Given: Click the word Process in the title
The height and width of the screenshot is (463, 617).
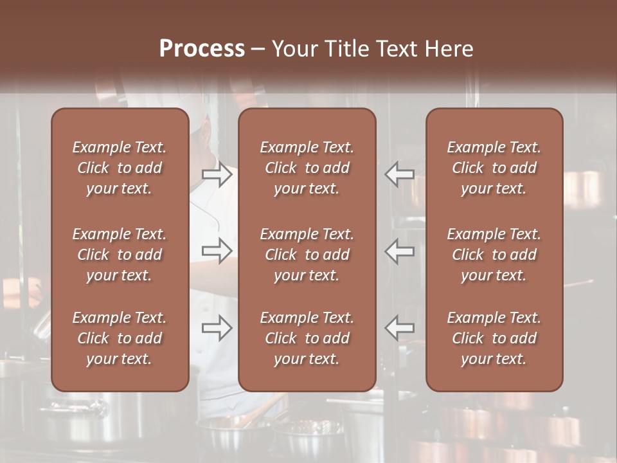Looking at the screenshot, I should tap(202, 49).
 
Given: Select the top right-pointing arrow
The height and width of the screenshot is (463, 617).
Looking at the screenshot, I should tap(217, 174).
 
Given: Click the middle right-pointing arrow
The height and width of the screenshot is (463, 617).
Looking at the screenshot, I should tap(217, 251).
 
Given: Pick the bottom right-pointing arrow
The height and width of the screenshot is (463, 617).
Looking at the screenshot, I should tap(217, 327).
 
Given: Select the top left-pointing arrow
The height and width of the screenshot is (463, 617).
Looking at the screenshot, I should tap(400, 174).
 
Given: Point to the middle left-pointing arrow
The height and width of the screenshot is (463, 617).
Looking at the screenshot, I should tap(400, 251).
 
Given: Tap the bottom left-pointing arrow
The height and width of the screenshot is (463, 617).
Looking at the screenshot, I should tap(400, 327).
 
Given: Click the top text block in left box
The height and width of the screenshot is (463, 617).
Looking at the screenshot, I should tap(120, 168).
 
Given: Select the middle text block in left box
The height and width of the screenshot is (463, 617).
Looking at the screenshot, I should tap(120, 255).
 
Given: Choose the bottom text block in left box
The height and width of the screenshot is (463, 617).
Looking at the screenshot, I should tap(120, 338).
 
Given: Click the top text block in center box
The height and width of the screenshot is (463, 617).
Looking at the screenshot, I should tap(307, 168).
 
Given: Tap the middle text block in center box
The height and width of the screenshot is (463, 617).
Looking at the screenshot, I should tap(307, 255).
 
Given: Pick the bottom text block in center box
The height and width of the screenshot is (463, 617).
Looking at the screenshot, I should tap(307, 338).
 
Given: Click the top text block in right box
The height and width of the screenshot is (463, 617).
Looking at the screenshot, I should tap(494, 168).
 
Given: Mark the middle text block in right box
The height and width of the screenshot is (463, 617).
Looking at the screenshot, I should tap(494, 255).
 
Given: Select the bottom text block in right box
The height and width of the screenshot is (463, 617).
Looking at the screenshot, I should tap(494, 338).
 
